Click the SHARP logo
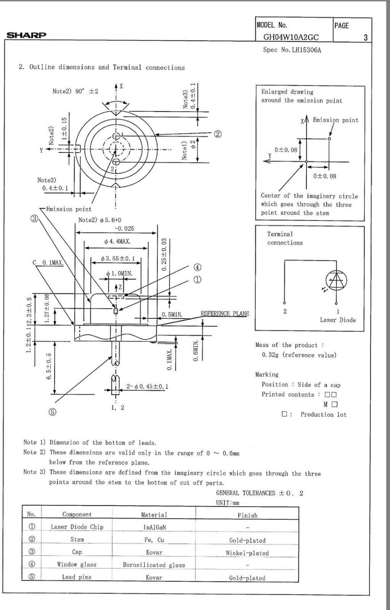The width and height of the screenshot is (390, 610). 26,35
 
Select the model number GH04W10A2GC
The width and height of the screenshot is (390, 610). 291,37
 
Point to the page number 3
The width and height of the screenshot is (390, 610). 366,38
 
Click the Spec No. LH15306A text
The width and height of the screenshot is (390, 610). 292,50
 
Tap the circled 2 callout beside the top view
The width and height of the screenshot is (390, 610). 218,134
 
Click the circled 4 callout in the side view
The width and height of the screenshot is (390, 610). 197,267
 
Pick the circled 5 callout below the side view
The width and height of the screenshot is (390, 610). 53,412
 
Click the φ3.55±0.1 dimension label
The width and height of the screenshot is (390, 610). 118,258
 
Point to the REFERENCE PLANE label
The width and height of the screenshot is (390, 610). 225,313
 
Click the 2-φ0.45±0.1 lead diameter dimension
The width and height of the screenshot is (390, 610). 147,387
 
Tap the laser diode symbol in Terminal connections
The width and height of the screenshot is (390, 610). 336,281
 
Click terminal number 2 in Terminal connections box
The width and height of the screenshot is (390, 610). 285,311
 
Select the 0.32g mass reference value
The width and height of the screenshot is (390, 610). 299,355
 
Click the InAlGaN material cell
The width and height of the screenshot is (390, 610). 154,527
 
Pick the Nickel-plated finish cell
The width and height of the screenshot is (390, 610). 247,553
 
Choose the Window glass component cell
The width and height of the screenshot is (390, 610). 77,565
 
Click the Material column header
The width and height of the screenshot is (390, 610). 154,515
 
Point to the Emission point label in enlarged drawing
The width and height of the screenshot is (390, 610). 335,120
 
